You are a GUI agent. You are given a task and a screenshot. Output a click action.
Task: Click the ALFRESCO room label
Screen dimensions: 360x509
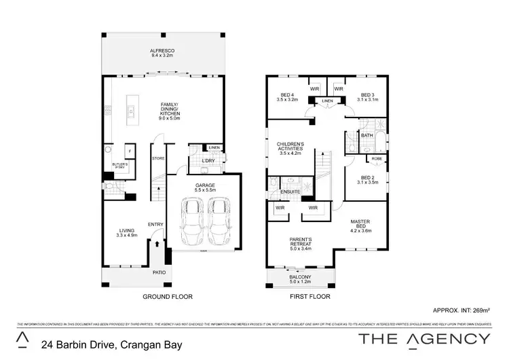click(162, 53)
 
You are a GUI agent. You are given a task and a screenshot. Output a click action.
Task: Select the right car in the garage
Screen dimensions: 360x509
click(219, 221)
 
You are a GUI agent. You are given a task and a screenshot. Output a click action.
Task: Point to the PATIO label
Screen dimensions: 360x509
click(159, 272)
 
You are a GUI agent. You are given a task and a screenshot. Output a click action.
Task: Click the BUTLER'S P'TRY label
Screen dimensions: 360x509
click(119, 165)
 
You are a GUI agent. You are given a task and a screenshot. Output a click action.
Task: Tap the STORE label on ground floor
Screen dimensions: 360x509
click(158, 159)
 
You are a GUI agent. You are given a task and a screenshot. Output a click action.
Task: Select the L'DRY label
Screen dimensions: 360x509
click(208, 160)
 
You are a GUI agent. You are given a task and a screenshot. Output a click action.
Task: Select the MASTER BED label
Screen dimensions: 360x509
click(360, 226)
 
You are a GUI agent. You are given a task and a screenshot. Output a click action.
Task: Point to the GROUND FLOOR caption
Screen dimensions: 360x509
click(167, 297)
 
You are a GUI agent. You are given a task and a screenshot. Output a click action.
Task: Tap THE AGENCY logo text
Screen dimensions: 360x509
click(424, 338)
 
